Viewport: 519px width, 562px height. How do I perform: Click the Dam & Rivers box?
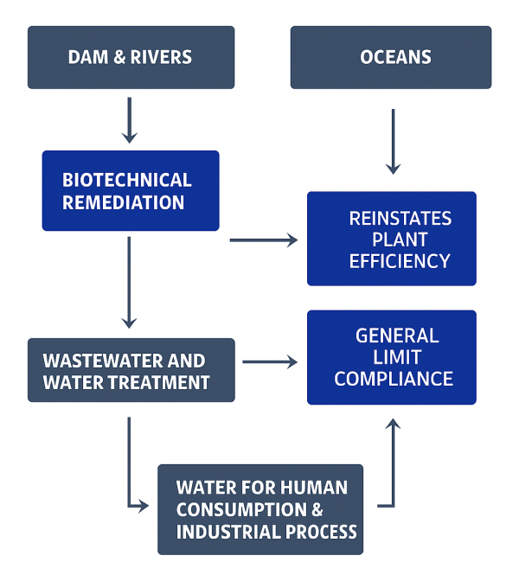coord(131,57)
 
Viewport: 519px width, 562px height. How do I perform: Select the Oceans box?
coord(390,57)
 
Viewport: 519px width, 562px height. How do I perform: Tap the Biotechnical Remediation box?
coord(131,190)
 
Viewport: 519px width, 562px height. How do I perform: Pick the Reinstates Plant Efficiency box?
coord(392,239)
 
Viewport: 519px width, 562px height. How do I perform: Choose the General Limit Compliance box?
coord(392,357)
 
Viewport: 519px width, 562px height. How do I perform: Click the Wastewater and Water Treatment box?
coord(131,370)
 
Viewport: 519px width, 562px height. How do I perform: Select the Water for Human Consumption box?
coord(260,509)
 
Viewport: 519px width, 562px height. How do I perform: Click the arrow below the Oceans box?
coord(394,140)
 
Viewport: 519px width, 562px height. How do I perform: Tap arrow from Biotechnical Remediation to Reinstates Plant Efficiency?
coord(263,239)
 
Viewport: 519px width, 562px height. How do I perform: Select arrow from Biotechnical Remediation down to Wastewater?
coord(130,281)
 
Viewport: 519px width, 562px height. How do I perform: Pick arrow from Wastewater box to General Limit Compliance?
coord(269,361)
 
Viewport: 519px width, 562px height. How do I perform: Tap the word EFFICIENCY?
coord(400,260)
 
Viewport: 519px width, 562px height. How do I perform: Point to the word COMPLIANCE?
coord(394,379)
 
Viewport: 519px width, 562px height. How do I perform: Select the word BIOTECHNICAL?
coord(126,180)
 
